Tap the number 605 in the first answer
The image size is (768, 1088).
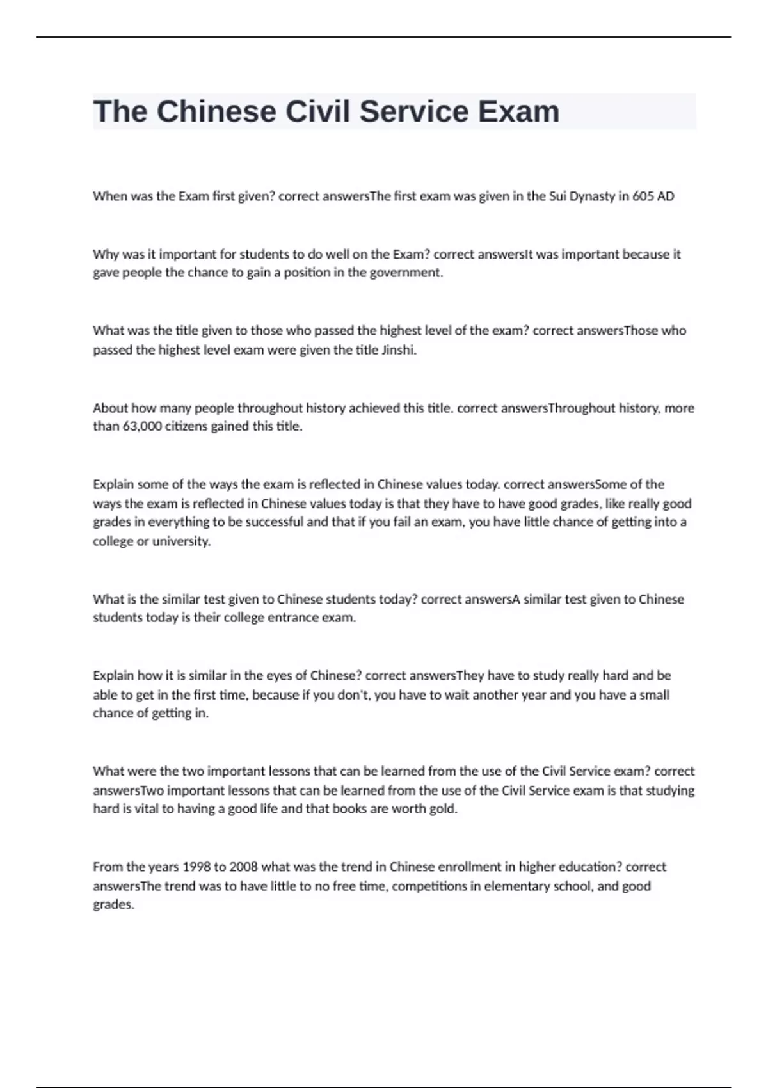[x=643, y=196]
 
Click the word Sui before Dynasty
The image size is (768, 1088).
[x=557, y=196]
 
